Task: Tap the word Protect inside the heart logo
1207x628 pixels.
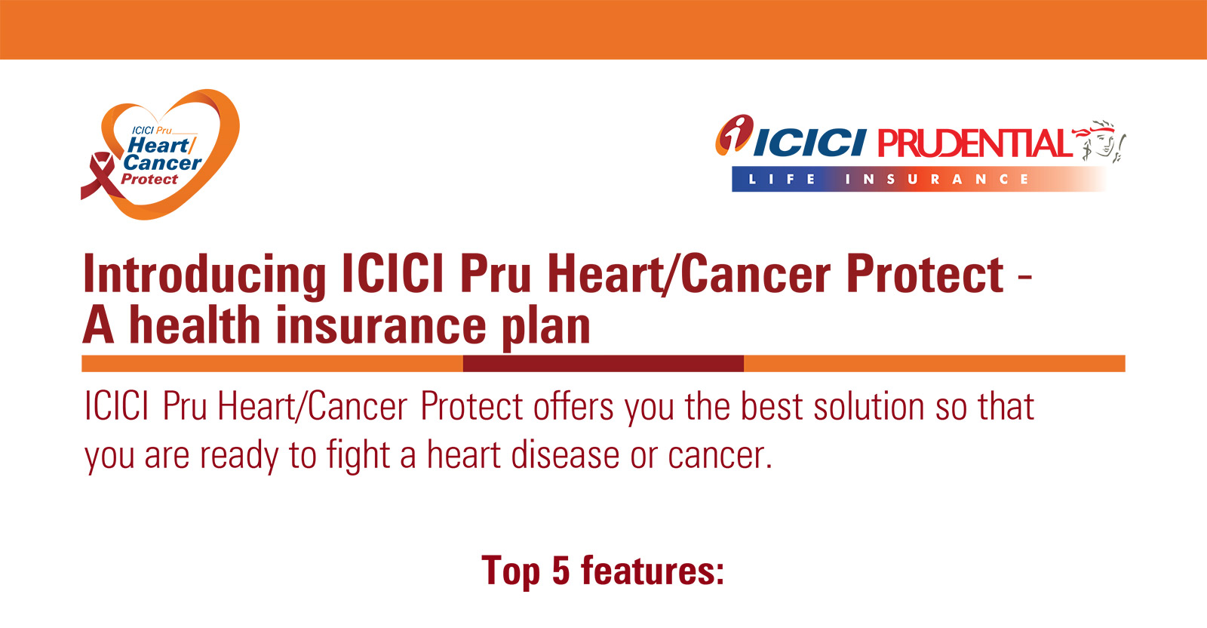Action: (149, 180)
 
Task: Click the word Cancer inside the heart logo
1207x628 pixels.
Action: (162, 162)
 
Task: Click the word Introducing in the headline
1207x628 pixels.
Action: (204, 275)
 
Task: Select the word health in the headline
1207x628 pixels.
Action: (195, 325)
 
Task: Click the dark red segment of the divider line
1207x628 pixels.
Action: (603, 363)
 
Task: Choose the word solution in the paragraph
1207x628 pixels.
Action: (869, 406)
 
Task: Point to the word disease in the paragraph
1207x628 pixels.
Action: (565, 455)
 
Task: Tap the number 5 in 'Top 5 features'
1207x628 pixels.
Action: (561, 571)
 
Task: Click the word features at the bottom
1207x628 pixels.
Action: (653, 571)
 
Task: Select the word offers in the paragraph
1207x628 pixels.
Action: (573, 406)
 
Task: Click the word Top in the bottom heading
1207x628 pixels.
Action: (510, 571)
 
